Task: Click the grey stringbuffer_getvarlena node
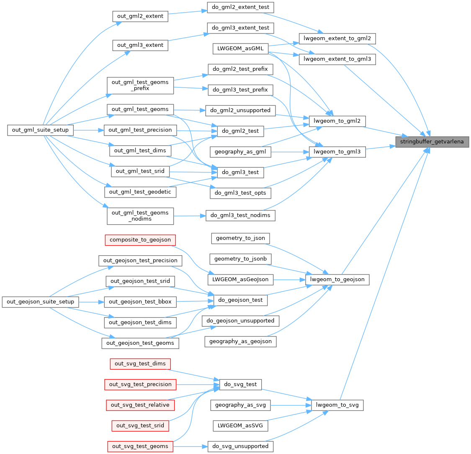pyautogui.click(x=432, y=142)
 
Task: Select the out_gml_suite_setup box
pyautogui.click(x=41, y=130)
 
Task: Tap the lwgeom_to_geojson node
pyautogui.click(x=337, y=279)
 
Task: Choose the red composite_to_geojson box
pyautogui.click(x=140, y=240)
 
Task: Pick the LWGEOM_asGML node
pyautogui.click(x=240, y=48)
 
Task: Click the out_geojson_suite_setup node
pyautogui.click(x=41, y=301)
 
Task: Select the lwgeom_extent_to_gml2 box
pyautogui.click(x=337, y=38)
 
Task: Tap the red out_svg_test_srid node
pyautogui.click(x=140, y=426)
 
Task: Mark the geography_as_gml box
pyautogui.click(x=240, y=151)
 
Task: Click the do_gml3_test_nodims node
pyautogui.click(x=240, y=215)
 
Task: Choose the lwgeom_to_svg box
pyautogui.click(x=337, y=405)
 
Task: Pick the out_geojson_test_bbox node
pyautogui.click(x=140, y=301)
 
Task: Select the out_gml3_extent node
pyautogui.click(x=140, y=45)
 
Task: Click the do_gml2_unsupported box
pyautogui.click(x=240, y=110)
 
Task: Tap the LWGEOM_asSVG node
pyautogui.click(x=240, y=426)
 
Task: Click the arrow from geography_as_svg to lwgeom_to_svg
pyautogui.click(x=291, y=405)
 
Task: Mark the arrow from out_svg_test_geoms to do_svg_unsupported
pyautogui.click(x=190, y=446)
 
